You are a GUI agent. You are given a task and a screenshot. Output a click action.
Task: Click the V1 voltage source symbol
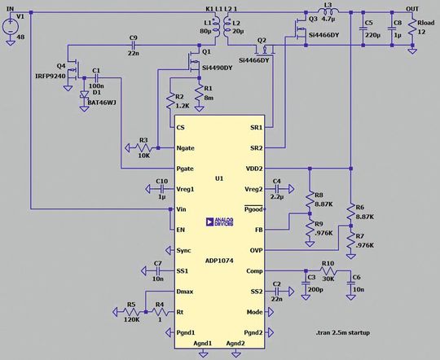coord(10,24)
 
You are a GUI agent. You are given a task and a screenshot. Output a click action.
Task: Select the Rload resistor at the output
coord(412,28)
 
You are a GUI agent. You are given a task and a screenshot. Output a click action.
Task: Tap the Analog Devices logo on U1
coord(219,221)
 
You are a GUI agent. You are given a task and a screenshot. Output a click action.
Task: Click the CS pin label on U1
coord(181,128)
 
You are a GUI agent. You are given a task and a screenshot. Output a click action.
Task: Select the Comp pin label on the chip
coord(254,271)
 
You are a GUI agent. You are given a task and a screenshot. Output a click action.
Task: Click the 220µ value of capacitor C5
coord(374,37)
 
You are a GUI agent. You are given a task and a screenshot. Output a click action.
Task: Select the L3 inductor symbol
coord(327,13)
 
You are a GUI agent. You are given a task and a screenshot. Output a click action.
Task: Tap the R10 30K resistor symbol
coord(328,271)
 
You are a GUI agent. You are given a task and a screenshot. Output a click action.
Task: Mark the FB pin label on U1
coord(257,230)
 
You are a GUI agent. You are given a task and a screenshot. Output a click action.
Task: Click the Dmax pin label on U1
coord(186,292)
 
